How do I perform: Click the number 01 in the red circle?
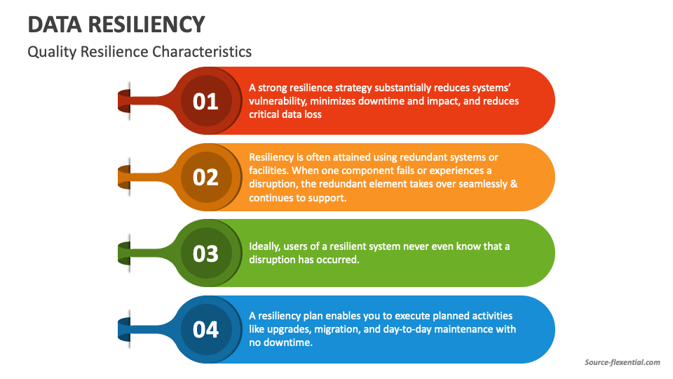(205, 102)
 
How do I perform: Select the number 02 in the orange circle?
(205, 178)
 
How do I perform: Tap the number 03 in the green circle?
(205, 253)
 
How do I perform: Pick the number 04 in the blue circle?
(205, 329)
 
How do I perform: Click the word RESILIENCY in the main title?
(146, 25)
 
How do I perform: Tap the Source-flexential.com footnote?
(622, 362)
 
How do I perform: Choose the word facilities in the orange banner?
(267, 171)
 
